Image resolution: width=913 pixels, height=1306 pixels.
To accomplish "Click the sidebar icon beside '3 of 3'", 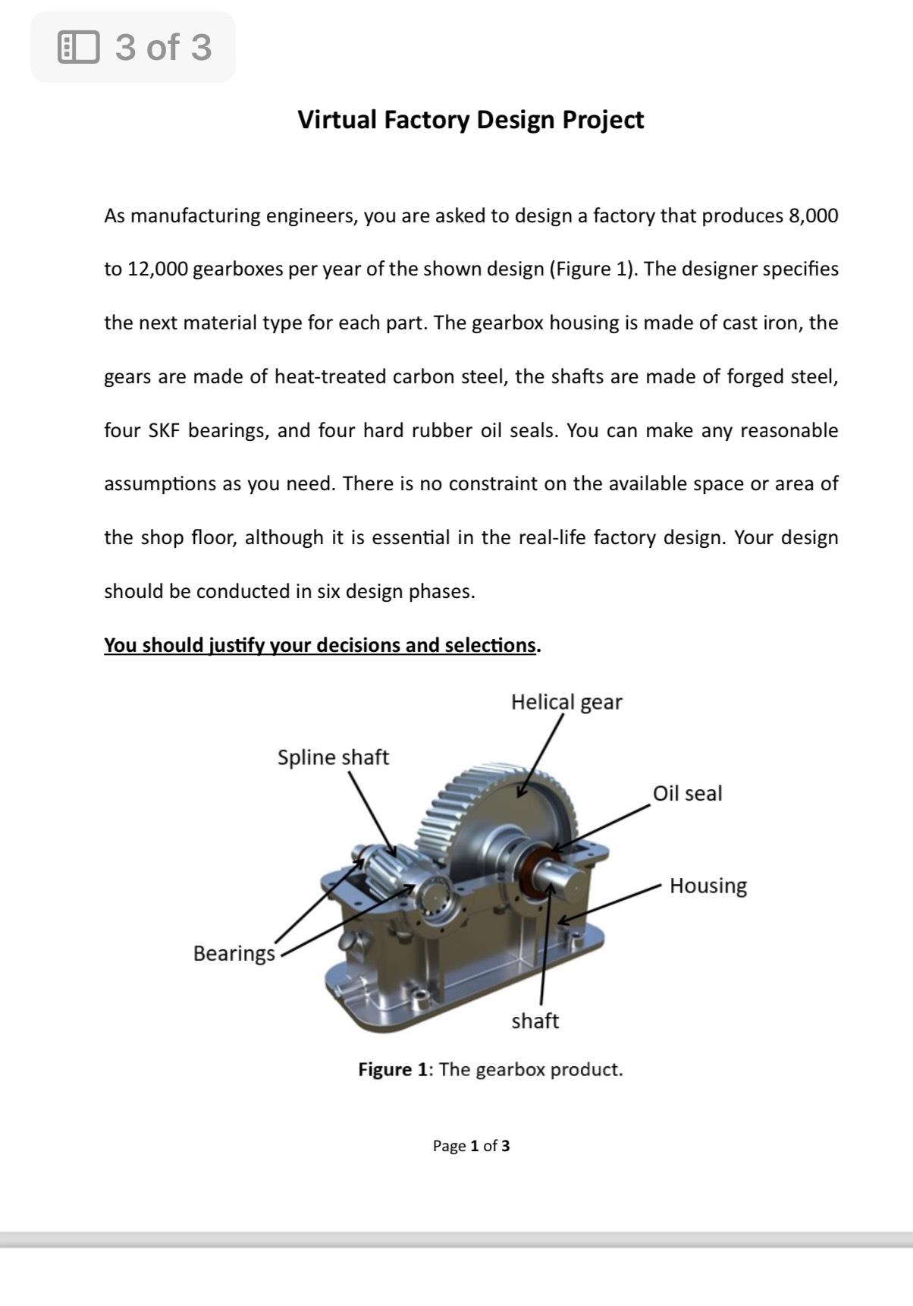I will [79, 47].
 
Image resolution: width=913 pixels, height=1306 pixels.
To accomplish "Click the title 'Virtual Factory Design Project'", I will [470, 120].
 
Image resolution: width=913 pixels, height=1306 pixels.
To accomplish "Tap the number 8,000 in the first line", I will [813, 216].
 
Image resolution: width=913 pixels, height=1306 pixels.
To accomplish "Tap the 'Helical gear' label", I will [566, 702].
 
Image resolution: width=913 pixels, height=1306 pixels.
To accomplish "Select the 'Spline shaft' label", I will [333, 757].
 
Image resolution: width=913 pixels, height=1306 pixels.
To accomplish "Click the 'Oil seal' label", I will [687, 794].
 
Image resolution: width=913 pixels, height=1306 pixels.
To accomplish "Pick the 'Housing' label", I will [707, 886].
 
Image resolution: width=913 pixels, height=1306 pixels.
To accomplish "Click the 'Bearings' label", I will [234, 953].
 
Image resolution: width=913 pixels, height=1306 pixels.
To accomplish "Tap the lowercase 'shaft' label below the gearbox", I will [535, 1021].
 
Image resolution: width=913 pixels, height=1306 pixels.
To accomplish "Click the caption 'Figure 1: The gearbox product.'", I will [490, 1070].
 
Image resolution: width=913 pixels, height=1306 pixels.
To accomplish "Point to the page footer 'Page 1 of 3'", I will [471, 1146].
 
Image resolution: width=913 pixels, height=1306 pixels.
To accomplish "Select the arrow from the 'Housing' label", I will [610, 904].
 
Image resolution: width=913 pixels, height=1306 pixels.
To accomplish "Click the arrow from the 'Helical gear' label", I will [540, 756].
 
